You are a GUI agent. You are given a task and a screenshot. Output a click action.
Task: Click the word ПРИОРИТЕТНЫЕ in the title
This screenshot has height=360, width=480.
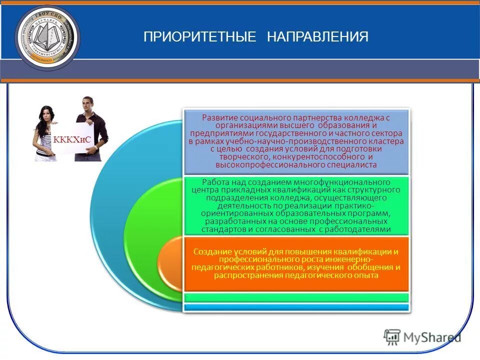click(x=199, y=37)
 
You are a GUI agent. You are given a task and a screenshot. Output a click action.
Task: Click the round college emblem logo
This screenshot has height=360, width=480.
click(x=47, y=38)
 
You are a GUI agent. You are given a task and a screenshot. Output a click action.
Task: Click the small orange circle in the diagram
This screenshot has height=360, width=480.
click(x=170, y=262)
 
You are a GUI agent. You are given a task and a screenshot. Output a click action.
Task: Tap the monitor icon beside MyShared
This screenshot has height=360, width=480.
click(x=392, y=337)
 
